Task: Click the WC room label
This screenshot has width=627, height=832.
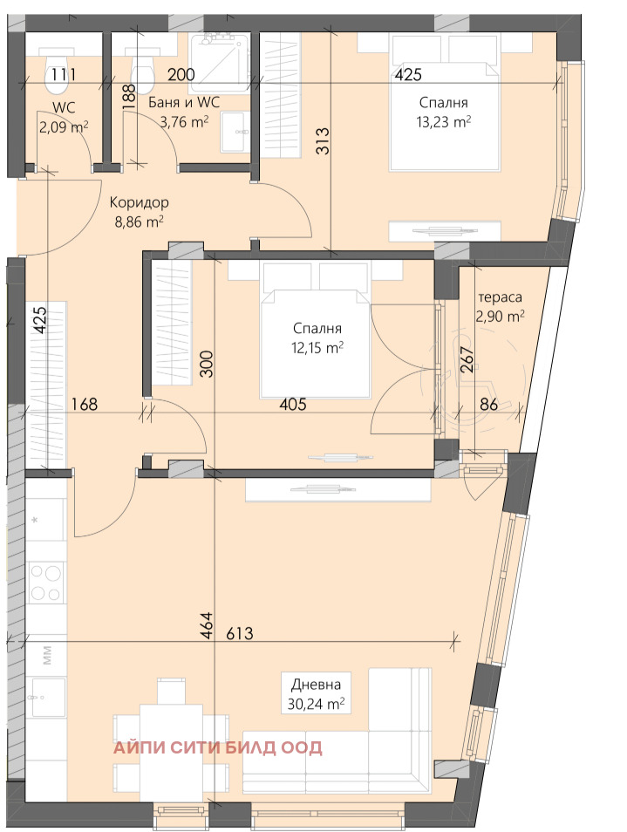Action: coord(64,108)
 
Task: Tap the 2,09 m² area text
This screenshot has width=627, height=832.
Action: coord(64,126)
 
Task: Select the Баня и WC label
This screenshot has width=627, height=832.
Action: coord(183,102)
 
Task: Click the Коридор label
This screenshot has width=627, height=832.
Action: coord(140,202)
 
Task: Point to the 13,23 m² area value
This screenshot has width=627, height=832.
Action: coord(444,122)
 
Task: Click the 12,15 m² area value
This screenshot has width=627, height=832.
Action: coord(317,348)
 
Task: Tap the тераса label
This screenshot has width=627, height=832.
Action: coord(501,297)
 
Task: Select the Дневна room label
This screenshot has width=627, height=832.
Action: coord(317,685)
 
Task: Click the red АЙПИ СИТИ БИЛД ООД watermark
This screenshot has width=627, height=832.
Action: coord(218,747)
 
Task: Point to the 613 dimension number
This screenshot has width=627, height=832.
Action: coord(240,633)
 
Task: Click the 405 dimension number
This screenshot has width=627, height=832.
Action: coord(293,405)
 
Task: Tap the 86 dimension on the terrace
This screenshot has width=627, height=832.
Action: coord(489,405)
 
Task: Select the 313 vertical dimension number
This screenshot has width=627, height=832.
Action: coord(323,140)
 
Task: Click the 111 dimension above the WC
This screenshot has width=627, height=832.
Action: coord(64,74)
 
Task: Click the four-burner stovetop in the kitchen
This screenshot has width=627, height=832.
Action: coord(45,582)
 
